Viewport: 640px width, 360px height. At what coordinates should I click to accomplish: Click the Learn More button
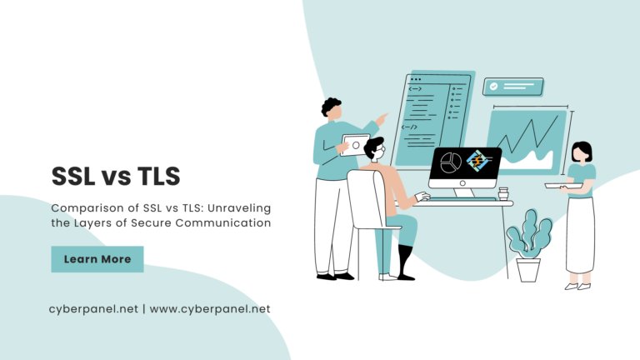(97, 259)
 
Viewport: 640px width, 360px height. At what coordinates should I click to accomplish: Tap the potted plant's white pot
(528, 269)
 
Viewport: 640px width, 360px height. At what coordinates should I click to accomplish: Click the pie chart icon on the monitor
(451, 162)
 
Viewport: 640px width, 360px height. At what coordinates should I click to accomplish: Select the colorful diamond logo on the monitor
(479, 161)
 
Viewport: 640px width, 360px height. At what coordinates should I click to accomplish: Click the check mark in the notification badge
(494, 86)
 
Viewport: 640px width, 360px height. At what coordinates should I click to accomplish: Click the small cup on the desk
(502, 194)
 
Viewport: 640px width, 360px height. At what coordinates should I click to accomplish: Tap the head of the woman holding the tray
(582, 153)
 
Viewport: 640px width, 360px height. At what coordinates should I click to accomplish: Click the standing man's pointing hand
(382, 119)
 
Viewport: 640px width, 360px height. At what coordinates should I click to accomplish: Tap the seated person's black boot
(405, 262)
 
